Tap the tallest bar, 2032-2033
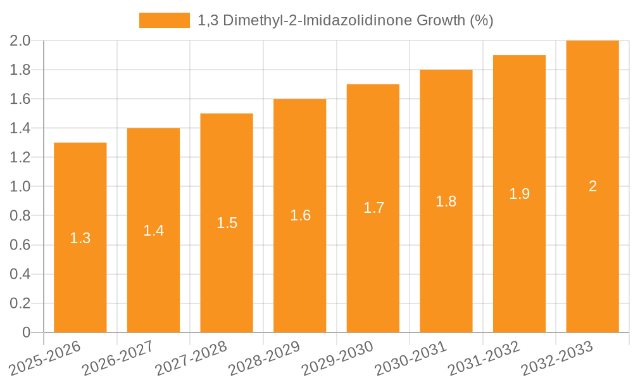[592, 253]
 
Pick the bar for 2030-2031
[446, 266]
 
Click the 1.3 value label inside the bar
[80, 238]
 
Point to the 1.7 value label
[373, 208]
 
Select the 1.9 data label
[520, 194]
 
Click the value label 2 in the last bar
[592, 186]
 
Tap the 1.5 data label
[227, 223]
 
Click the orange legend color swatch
[165, 20]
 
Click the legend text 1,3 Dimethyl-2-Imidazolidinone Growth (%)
[346, 20]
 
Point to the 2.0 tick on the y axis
[20, 41]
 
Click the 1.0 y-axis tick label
[20, 187]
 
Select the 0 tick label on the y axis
[26, 332]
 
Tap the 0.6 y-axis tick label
[20, 245]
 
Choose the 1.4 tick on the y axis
[20, 129]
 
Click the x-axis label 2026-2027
[114, 358]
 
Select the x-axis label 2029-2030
[333, 358]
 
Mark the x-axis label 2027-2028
[187, 358]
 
